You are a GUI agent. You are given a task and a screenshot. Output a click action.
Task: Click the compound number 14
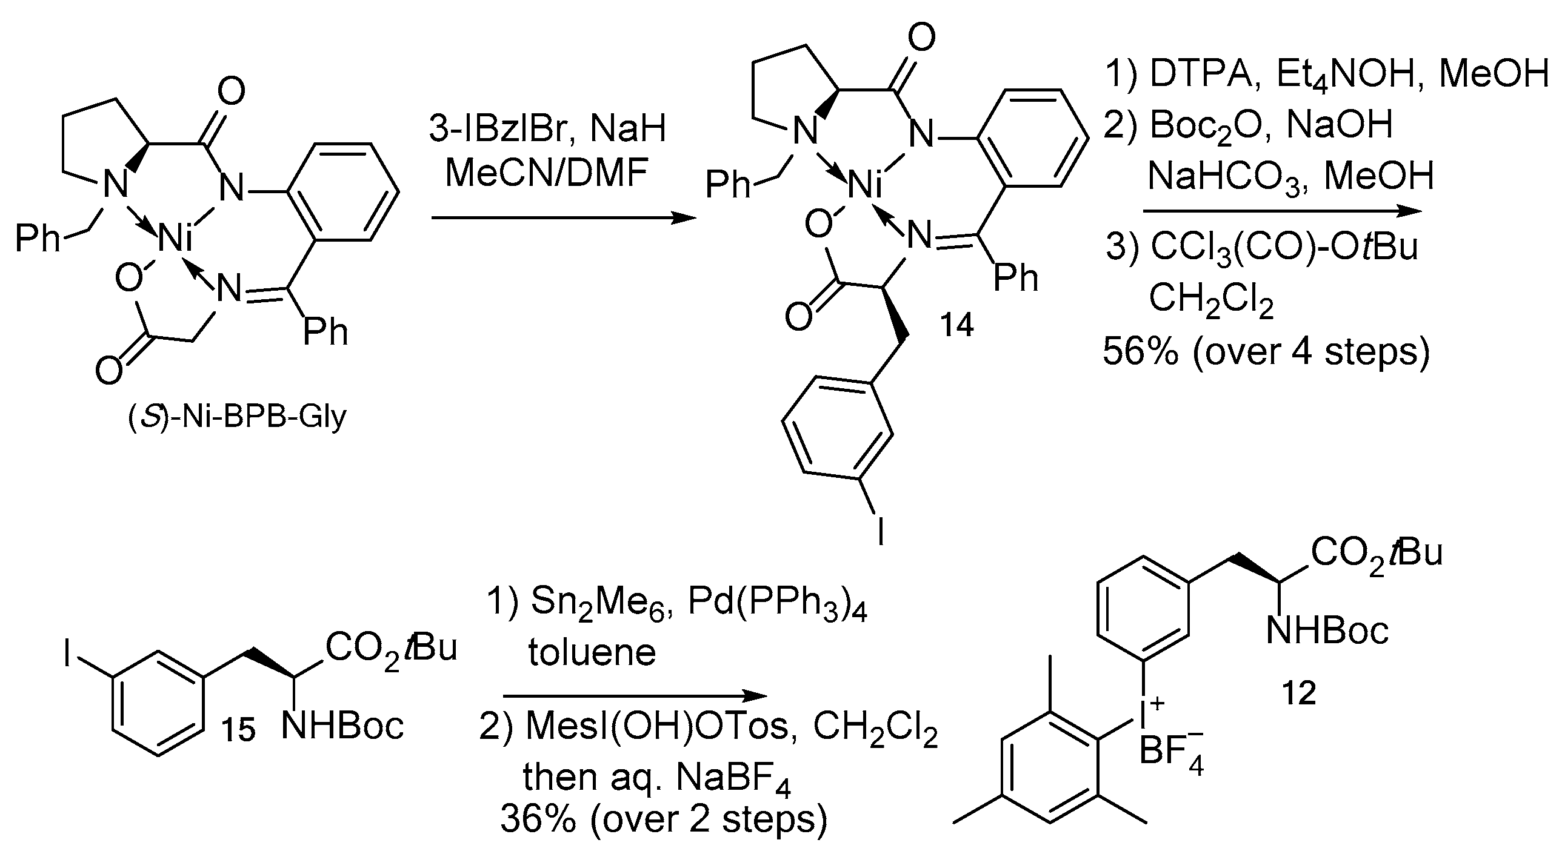(x=956, y=325)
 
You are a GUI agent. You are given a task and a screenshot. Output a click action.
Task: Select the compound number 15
(x=237, y=730)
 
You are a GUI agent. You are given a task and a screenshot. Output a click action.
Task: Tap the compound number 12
(x=1299, y=692)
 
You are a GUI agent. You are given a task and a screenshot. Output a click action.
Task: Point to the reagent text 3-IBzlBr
(x=499, y=128)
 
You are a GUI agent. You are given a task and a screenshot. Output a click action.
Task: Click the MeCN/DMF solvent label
(x=547, y=173)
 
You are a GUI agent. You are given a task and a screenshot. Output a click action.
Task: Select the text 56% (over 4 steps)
(x=1266, y=351)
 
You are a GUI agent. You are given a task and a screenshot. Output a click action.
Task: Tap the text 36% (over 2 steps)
(x=663, y=819)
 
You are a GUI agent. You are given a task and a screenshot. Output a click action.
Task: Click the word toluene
(x=592, y=653)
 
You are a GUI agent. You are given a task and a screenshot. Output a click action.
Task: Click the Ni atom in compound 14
(x=866, y=185)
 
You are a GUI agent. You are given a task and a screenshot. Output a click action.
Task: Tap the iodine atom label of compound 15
(x=68, y=656)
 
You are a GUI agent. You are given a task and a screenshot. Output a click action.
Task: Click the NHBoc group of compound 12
(x=1327, y=630)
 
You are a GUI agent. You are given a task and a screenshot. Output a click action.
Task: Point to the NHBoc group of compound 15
(x=342, y=726)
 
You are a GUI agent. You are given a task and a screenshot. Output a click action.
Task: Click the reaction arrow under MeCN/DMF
(x=564, y=217)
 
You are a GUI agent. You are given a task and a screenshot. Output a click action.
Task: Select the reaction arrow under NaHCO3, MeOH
(x=1281, y=211)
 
